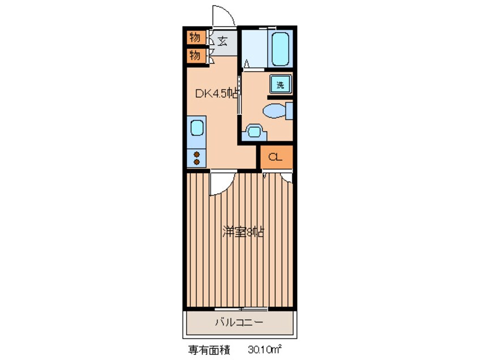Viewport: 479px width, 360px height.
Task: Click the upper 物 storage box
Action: [x=195, y=38]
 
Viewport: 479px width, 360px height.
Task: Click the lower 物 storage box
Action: [x=195, y=55]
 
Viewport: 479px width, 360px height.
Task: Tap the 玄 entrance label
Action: [x=223, y=41]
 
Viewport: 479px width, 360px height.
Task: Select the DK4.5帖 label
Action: [x=216, y=95]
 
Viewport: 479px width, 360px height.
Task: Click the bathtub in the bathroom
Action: [x=280, y=49]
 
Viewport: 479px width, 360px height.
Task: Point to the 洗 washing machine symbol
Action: [x=280, y=84]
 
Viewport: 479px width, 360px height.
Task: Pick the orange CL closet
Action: [x=276, y=157]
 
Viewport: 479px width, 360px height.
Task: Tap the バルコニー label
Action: [x=238, y=324]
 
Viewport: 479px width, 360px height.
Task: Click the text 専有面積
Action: [x=208, y=350]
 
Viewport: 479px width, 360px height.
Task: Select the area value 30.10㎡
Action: [x=265, y=350]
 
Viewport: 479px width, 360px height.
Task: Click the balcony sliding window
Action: [x=241, y=308]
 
